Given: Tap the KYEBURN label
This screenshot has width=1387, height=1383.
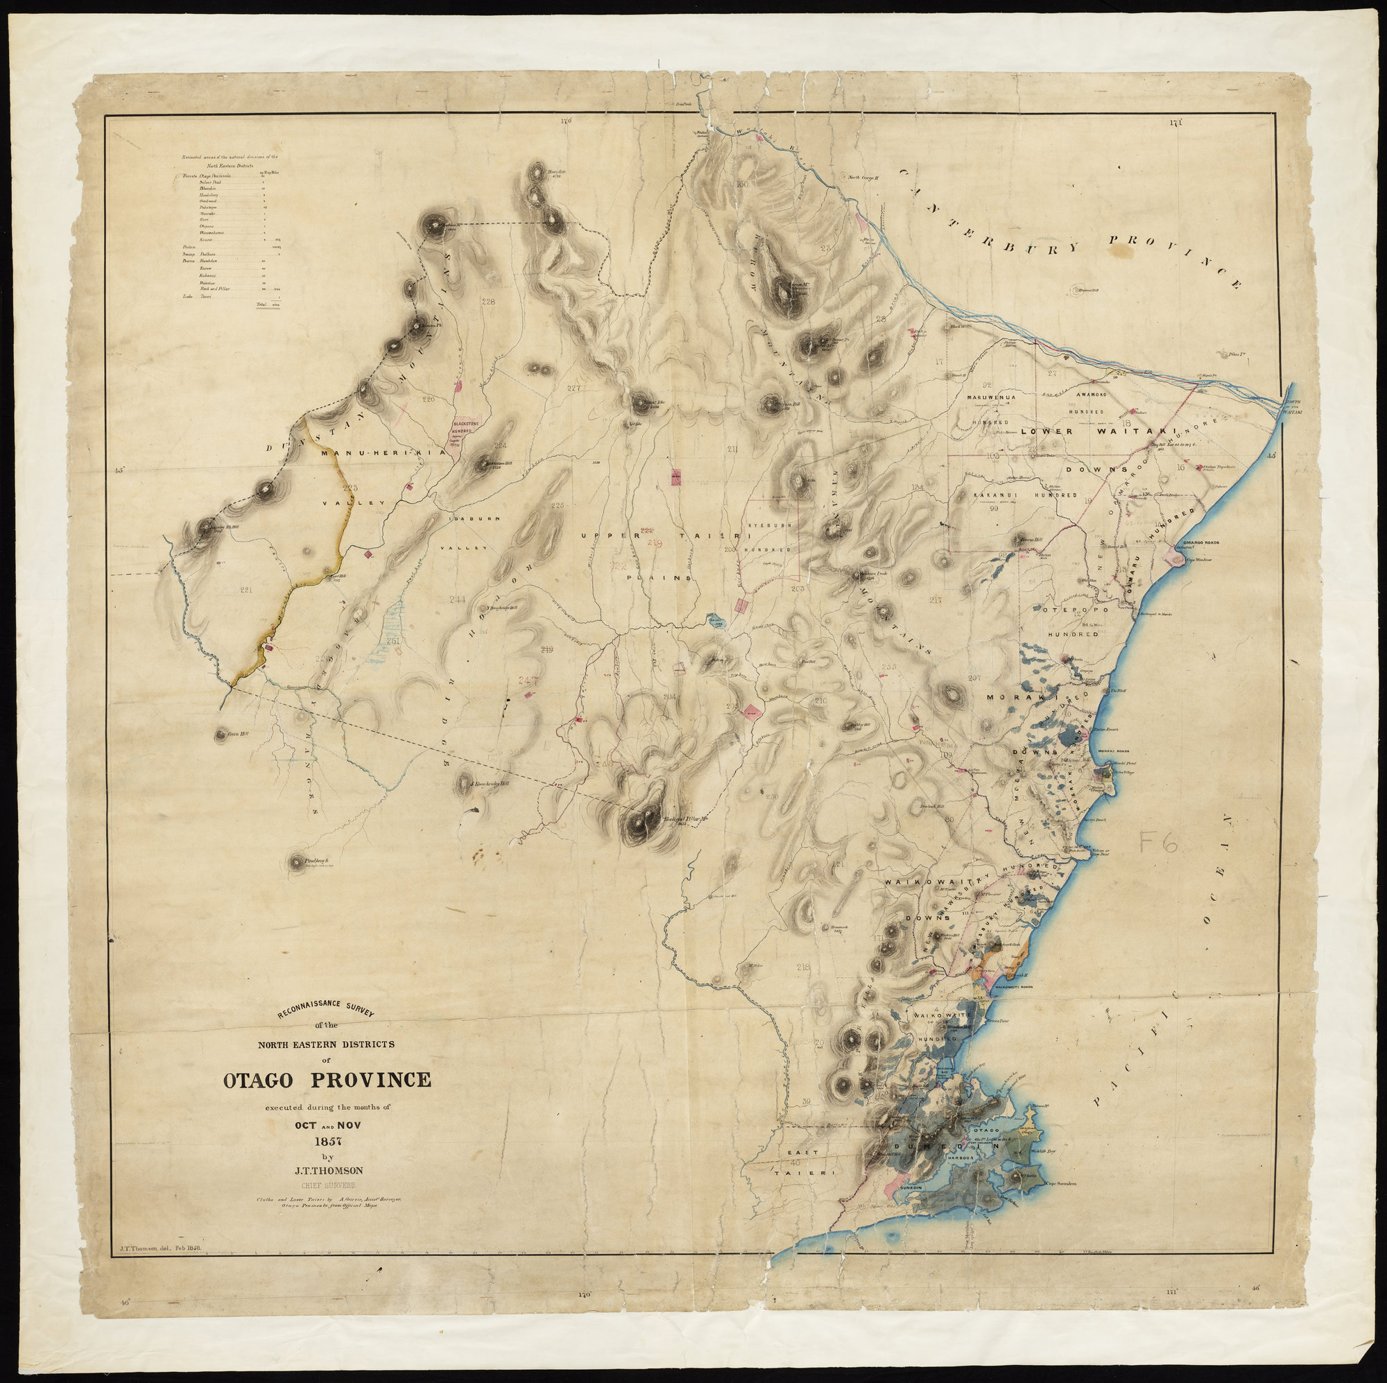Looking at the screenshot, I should coord(771,526).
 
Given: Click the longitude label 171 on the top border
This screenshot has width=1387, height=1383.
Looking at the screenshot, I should coord(1175,123).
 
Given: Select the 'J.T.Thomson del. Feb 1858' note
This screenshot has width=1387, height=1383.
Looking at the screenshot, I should coord(160,1250).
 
